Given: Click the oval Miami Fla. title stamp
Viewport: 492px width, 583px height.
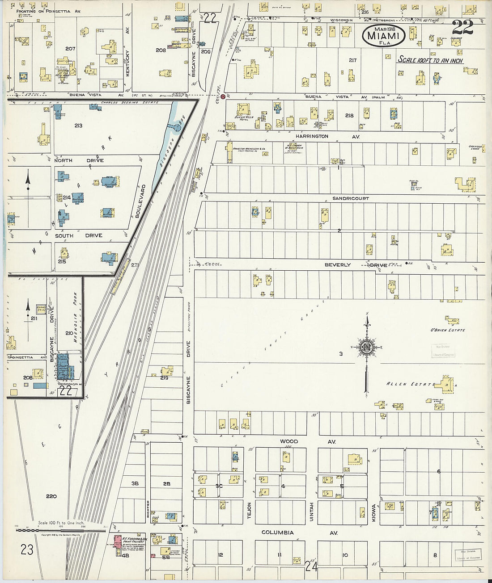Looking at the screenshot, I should [x=383, y=35].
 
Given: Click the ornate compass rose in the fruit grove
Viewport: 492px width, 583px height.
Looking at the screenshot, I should [x=366, y=348].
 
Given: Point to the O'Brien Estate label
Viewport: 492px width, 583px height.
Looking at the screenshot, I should [x=448, y=330].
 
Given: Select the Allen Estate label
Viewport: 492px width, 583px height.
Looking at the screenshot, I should [x=409, y=384].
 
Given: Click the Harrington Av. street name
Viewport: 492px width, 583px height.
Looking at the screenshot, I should [x=312, y=136].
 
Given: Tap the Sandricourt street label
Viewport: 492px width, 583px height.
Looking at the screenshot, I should [x=350, y=198].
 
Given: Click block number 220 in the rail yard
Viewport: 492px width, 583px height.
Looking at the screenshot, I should [x=51, y=496].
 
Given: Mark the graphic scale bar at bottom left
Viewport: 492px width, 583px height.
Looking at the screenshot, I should [x=61, y=530].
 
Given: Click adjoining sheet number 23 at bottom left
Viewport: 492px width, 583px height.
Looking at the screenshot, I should [x=27, y=549].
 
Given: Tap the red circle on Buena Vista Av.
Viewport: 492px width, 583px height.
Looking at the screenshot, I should [x=222, y=96].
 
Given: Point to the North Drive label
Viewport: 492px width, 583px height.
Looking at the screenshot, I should [x=79, y=160].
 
